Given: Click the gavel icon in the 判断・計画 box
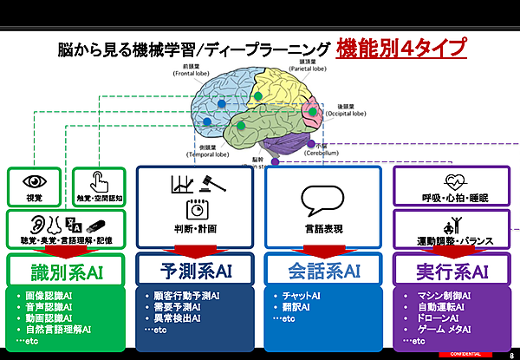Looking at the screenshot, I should click(208, 183).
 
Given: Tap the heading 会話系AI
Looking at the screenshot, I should click(324, 272).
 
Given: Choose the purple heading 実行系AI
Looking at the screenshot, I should click(453, 272).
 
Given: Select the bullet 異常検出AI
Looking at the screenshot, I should click(176, 318).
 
